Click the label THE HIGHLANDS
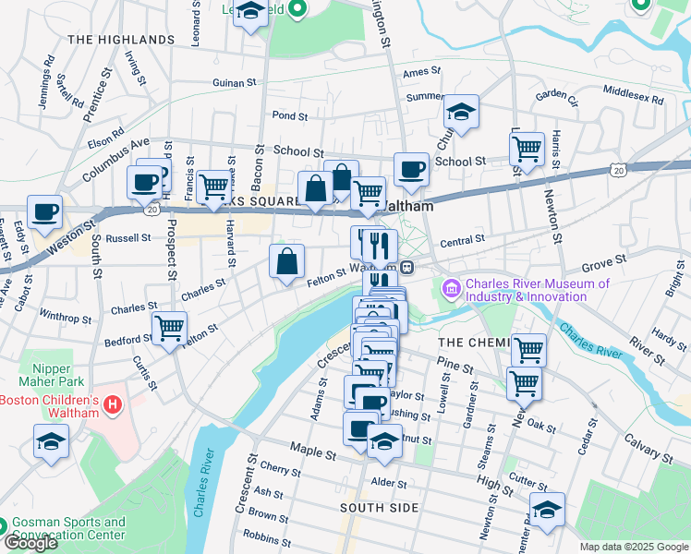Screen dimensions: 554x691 click(x=121, y=40)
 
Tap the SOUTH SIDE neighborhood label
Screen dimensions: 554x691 click(x=379, y=508)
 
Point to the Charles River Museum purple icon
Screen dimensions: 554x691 click(x=452, y=290)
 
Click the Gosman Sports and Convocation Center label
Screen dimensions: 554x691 click(x=69, y=528)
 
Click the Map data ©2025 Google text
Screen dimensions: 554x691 click(x=634, y=547)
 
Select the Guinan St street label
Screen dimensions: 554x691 click(x=234, y=83)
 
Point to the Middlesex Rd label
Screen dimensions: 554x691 click(x=633, y=94)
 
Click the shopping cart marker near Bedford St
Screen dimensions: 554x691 click(x=170, y=328)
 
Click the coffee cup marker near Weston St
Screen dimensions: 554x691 click(x=44, y=211)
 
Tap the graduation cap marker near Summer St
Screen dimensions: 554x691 click(x=462, y=112)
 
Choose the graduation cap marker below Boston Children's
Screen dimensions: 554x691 click(x=51, y=441)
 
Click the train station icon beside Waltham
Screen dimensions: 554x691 click(x=406, y=267)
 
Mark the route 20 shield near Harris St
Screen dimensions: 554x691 click(x=617, y=170)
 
